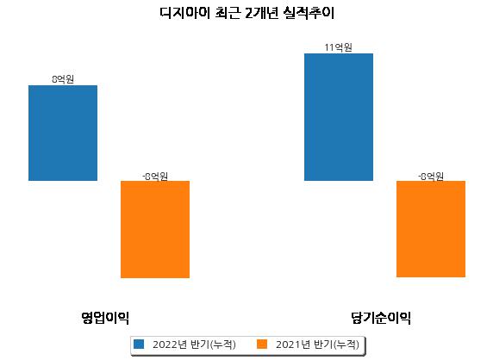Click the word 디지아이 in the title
[x=184, y=13]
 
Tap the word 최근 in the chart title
[x=228, y=13]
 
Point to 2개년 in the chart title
[x=262, y=13]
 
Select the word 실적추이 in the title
[x=309, y=13]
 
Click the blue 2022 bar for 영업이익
[x=63, y=133]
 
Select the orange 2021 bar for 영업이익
[x=155, y=229]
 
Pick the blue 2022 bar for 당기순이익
[x=339, y=117]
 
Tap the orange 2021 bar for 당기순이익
[x=431, y=229]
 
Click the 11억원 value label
[x=339, y=47]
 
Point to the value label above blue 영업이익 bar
[x=63, y=79]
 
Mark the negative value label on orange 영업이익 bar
[x=155, y=177]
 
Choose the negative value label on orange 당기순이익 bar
[x=431, y=177]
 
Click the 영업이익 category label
[x=105, y=318]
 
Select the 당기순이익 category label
[x=381, y=318]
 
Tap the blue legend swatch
[x=139, y=344]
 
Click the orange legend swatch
[x=262, y=344]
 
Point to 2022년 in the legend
[x=170, y=344]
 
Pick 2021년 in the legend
[x=293, y=344]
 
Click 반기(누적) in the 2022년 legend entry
[x=213, y=344]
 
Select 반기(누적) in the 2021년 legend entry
[x=336, y=344]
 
